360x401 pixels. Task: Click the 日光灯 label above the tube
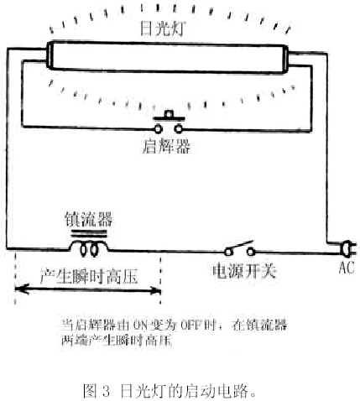click(162, 29)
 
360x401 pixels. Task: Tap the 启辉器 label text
click(166, 146)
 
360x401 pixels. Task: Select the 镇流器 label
click(89, 219)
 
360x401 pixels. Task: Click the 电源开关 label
click(244, 271)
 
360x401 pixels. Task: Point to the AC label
click(347, 268)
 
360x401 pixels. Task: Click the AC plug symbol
click(347, 248)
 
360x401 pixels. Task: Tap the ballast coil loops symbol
click(89, 248)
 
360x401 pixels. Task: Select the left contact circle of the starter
click(158, 129)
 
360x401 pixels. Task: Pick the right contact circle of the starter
click(178, 129)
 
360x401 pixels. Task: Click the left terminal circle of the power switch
click(228, 252)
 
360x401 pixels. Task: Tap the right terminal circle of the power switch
click(251, 252)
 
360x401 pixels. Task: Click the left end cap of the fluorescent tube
click(50, 55)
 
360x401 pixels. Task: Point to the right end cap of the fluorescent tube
click(285, 60)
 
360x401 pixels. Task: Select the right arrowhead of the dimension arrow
click(154, 291)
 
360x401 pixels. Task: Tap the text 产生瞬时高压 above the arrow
click(89, 277)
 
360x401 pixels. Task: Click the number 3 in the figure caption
click(106, 391)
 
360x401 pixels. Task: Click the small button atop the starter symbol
click(169, 114)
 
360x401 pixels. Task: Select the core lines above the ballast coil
click(89, 234)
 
